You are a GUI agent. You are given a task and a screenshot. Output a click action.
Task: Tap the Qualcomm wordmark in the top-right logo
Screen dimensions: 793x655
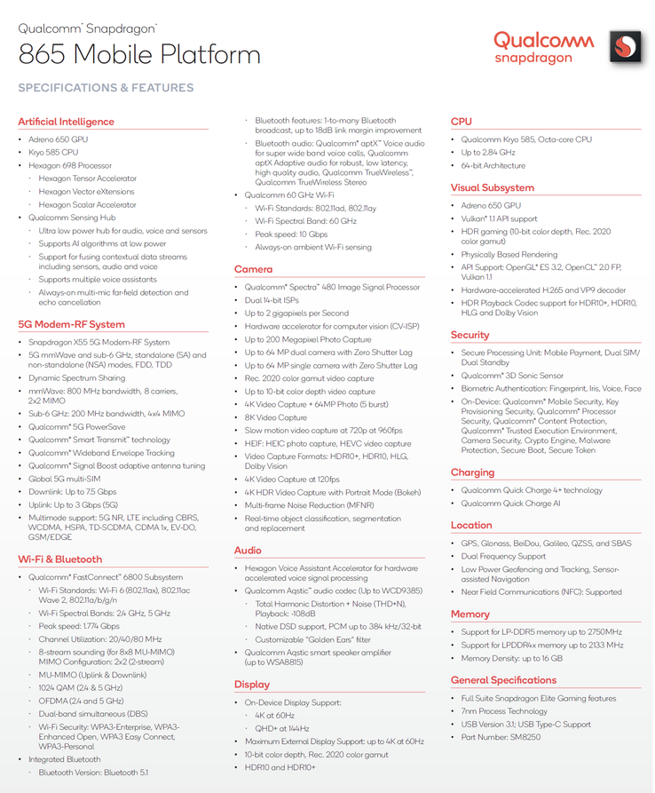[543, 40]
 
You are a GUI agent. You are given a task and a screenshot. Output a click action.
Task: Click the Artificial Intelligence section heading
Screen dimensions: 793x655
[66, 122]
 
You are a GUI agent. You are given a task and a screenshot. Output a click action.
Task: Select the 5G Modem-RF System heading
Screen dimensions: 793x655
[71, 324]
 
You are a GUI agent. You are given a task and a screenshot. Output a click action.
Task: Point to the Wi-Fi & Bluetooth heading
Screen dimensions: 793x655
[59, 559]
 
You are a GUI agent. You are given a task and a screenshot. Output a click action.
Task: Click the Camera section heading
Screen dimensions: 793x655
[253, 269]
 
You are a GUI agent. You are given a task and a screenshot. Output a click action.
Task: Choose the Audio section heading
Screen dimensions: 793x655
[248, 551]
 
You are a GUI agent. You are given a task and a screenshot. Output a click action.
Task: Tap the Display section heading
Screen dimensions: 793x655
[251, 685]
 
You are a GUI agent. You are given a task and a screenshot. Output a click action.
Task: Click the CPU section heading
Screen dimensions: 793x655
[461, 122]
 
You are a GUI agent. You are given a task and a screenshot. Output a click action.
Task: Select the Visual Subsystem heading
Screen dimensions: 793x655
[492, 187]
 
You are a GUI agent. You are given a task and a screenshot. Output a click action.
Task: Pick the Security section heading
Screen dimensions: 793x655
[470, 335]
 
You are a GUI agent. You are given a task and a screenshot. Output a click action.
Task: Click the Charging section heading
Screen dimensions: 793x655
[472, 472]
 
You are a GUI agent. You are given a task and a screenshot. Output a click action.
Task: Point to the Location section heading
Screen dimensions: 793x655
[470, 525]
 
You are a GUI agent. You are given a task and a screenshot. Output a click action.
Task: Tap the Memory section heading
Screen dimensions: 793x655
[470, 614]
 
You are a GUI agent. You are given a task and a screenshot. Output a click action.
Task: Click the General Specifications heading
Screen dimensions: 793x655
[503, 680]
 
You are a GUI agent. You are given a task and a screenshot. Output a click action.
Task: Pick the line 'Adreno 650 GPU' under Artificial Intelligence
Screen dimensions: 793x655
[59, 139]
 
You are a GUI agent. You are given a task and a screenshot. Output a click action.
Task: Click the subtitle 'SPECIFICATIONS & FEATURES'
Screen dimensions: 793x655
[106, 88]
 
